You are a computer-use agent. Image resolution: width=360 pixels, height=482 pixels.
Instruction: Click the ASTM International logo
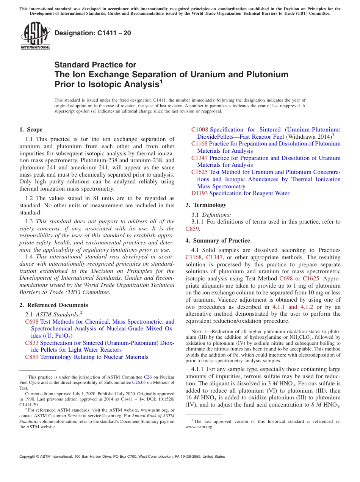coord(35,36)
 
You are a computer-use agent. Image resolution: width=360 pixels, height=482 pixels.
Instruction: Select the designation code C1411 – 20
coord(93,33)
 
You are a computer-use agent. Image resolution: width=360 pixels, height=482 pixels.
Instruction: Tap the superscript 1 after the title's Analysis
coord(161,81)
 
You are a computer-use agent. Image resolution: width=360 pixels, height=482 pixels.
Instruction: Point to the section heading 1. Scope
coord(31,130)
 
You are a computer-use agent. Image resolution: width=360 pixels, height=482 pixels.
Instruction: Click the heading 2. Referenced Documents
coord(54,305)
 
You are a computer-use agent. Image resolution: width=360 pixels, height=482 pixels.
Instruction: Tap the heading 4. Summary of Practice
coord(218,241)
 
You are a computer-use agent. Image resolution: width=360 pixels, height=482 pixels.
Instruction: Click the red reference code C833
coord(32,343)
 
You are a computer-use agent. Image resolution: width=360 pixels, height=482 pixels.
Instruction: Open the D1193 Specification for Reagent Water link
coord(240,193)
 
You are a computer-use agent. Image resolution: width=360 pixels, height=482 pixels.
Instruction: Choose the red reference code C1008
coord(200,130)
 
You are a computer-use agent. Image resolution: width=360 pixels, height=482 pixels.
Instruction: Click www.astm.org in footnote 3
coord(199,427)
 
